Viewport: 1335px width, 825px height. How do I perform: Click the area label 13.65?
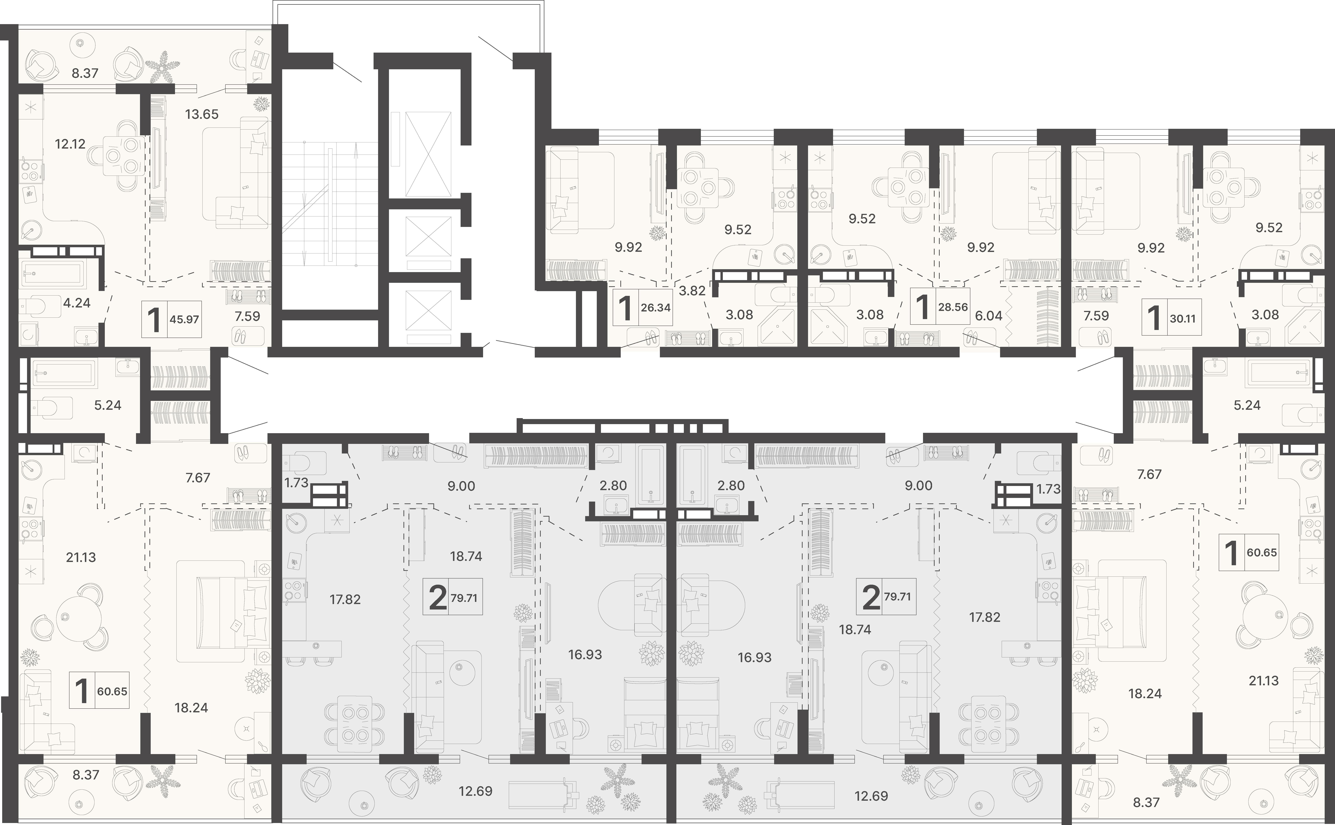(x=202, y=114)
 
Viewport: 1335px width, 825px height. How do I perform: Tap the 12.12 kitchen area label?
(x=70, y=144)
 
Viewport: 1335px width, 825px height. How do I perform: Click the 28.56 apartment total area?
(x=953, y=307)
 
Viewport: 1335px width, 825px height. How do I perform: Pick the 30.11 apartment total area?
(x=1182, y=318)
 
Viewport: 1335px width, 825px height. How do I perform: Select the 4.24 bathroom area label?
(x=77, y=303)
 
